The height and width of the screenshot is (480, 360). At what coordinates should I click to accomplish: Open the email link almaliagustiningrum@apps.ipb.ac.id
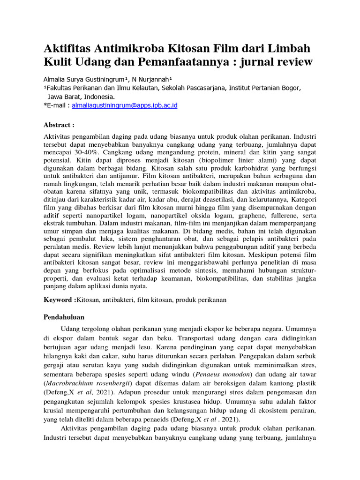125,105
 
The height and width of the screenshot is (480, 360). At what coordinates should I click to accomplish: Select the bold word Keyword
58,300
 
